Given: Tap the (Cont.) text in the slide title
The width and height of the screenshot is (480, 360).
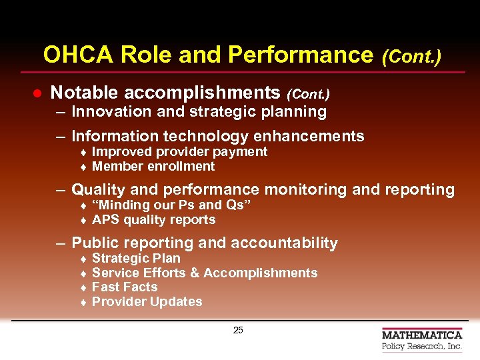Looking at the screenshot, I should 411,56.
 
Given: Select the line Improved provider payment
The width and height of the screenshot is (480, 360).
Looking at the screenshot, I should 179,152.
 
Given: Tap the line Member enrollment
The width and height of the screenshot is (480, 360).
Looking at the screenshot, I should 153,167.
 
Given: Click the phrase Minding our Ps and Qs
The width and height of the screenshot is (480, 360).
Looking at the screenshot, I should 171,205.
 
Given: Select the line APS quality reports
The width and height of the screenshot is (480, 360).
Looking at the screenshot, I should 153,220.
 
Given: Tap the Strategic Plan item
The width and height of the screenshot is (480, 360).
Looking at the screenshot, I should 136,259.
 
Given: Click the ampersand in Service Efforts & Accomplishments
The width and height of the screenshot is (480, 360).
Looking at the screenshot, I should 194,273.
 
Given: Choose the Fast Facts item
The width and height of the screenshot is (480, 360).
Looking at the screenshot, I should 125,287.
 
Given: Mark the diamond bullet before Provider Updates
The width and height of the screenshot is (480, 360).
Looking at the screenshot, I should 85,303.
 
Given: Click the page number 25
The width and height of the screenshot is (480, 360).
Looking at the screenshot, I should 238,331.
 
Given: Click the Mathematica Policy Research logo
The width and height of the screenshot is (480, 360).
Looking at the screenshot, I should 421,340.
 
